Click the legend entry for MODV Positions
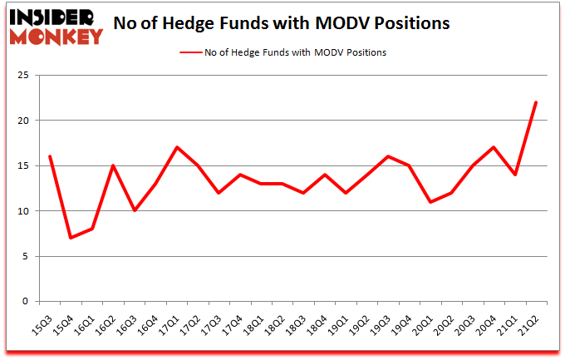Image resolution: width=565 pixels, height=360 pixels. pyautogui.click(x=282, y=52)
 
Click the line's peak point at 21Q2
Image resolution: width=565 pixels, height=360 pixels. pyautogui.click(x=536, y=102)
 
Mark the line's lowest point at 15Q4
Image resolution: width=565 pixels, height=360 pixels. pyautogui.click(x=71, y=238)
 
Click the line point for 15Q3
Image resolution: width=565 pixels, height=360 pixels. pyautogui.click(x=50, y=156)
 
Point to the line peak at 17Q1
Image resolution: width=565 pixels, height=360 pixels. pyautogui.click(x=177, y=147)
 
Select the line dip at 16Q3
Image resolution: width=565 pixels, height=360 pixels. pyautogui.click(x=135, y=210)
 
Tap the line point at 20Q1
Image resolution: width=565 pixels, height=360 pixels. pyautogui.click(x=430, y=202)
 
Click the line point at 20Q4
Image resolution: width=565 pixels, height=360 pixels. pyautogui.click(x=494, y=147)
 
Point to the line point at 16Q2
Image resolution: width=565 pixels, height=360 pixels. pyautogui.click(x=113, y=165)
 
